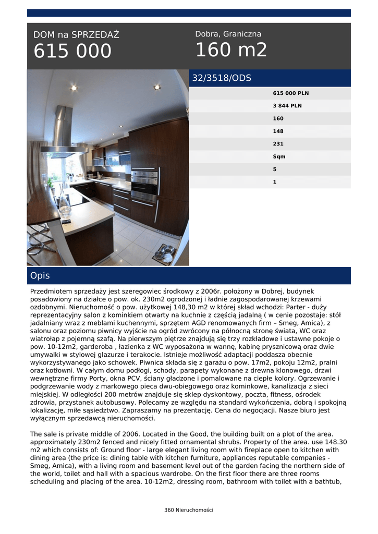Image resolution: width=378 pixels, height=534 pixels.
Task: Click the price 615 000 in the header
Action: click(x=72, y=52)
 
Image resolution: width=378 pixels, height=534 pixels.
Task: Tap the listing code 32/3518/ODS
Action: click(x=222, y=78)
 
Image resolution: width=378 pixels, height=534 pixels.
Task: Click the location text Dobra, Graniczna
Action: click(x=228, y=34)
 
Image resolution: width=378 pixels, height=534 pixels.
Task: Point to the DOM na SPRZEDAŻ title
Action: click(x=76, y=35)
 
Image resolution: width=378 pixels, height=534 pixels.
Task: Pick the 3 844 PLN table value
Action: click(x=287, y=106)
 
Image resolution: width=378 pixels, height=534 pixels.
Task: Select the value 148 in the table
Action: click(x=278, y=131)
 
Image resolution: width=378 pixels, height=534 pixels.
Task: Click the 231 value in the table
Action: click(x=278, y=144)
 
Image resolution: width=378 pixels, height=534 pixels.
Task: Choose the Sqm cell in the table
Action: click(x=279, y=156)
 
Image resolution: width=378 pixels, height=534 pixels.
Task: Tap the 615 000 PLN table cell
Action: click(x=290, y=93)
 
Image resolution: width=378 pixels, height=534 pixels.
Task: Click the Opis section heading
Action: click(x=40, y=275)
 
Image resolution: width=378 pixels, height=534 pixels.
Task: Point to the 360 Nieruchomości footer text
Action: click(x=189, y=510)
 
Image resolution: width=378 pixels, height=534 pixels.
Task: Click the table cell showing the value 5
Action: click(x=275, y=169)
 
